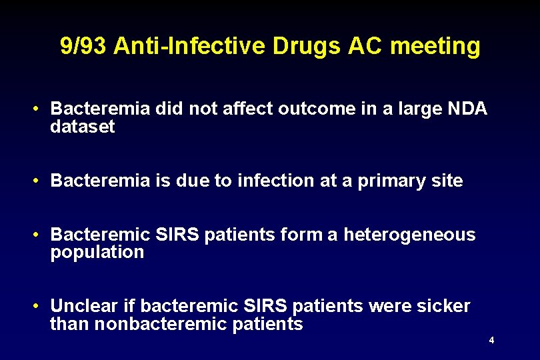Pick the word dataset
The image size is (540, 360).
(83, 126)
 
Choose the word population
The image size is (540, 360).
(97, 252)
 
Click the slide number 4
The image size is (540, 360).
(491, 341)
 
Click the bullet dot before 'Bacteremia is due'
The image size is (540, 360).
(40, 181)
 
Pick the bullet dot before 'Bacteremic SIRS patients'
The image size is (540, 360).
(40, 235)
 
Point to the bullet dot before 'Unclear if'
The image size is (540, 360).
(40, 307)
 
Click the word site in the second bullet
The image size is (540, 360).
(447, 181)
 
